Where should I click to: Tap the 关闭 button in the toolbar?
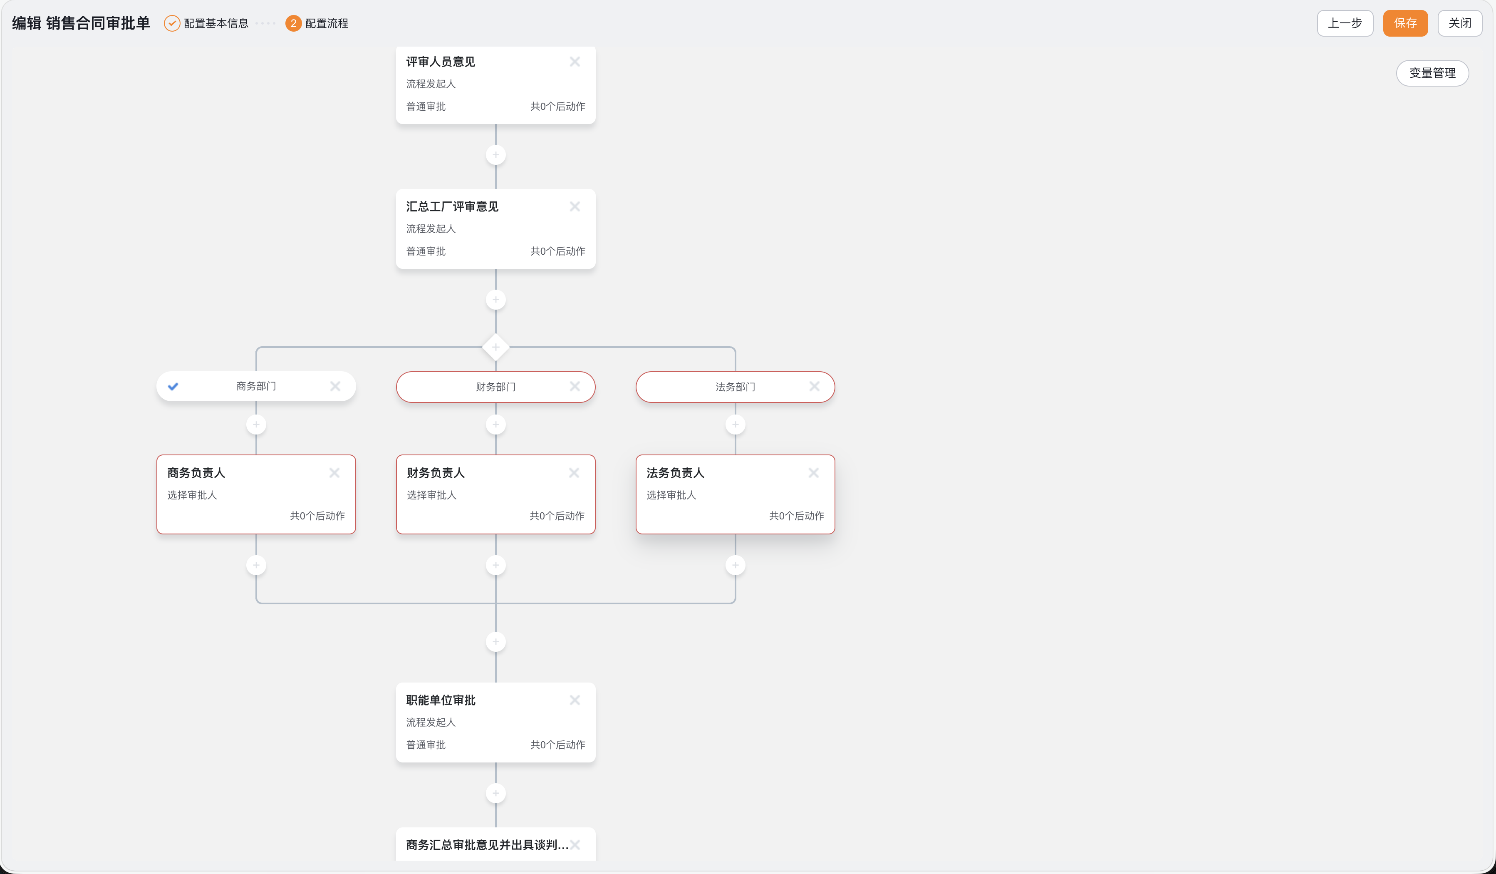tap(1459, 23)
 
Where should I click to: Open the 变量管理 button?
tap(1432, 73)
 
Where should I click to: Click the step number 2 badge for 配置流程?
tap(293, 23)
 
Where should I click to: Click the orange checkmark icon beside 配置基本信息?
tap(171, 23)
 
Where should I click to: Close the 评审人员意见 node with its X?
tap(575, 61)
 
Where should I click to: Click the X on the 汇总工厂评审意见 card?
tap(575, 206)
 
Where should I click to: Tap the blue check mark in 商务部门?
tap(173, 387)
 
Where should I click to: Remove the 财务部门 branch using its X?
tap(575, 387)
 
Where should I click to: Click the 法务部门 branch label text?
tap(735, 387)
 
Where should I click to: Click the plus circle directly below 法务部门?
tap(735, 425)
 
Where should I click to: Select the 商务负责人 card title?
tap(196, 473)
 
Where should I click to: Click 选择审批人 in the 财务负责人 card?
tap(431, 494)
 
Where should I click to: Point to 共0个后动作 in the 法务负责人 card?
tap(796, 515)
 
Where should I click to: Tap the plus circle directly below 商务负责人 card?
tap(256, 565)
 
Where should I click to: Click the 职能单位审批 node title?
tap(441, 700)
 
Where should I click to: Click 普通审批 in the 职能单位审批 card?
tap(426, 745)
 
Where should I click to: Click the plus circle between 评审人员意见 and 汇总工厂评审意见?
tap(496, 155)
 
